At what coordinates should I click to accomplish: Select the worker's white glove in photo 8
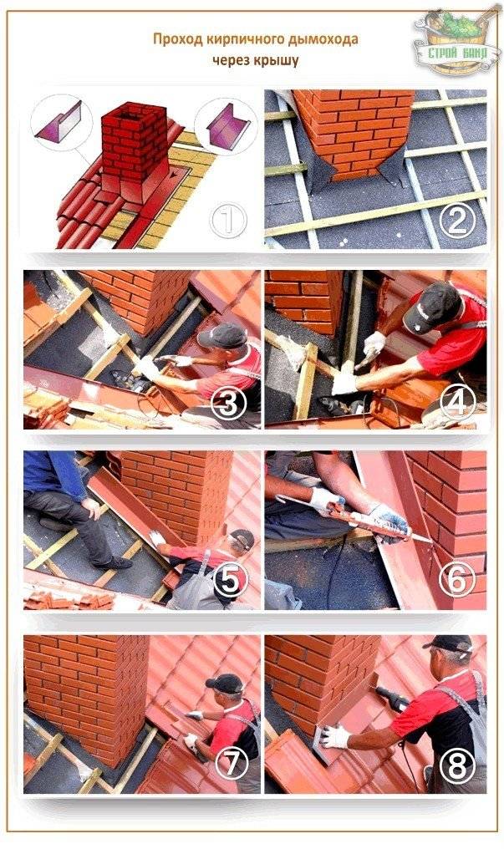[x=334, y=737]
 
